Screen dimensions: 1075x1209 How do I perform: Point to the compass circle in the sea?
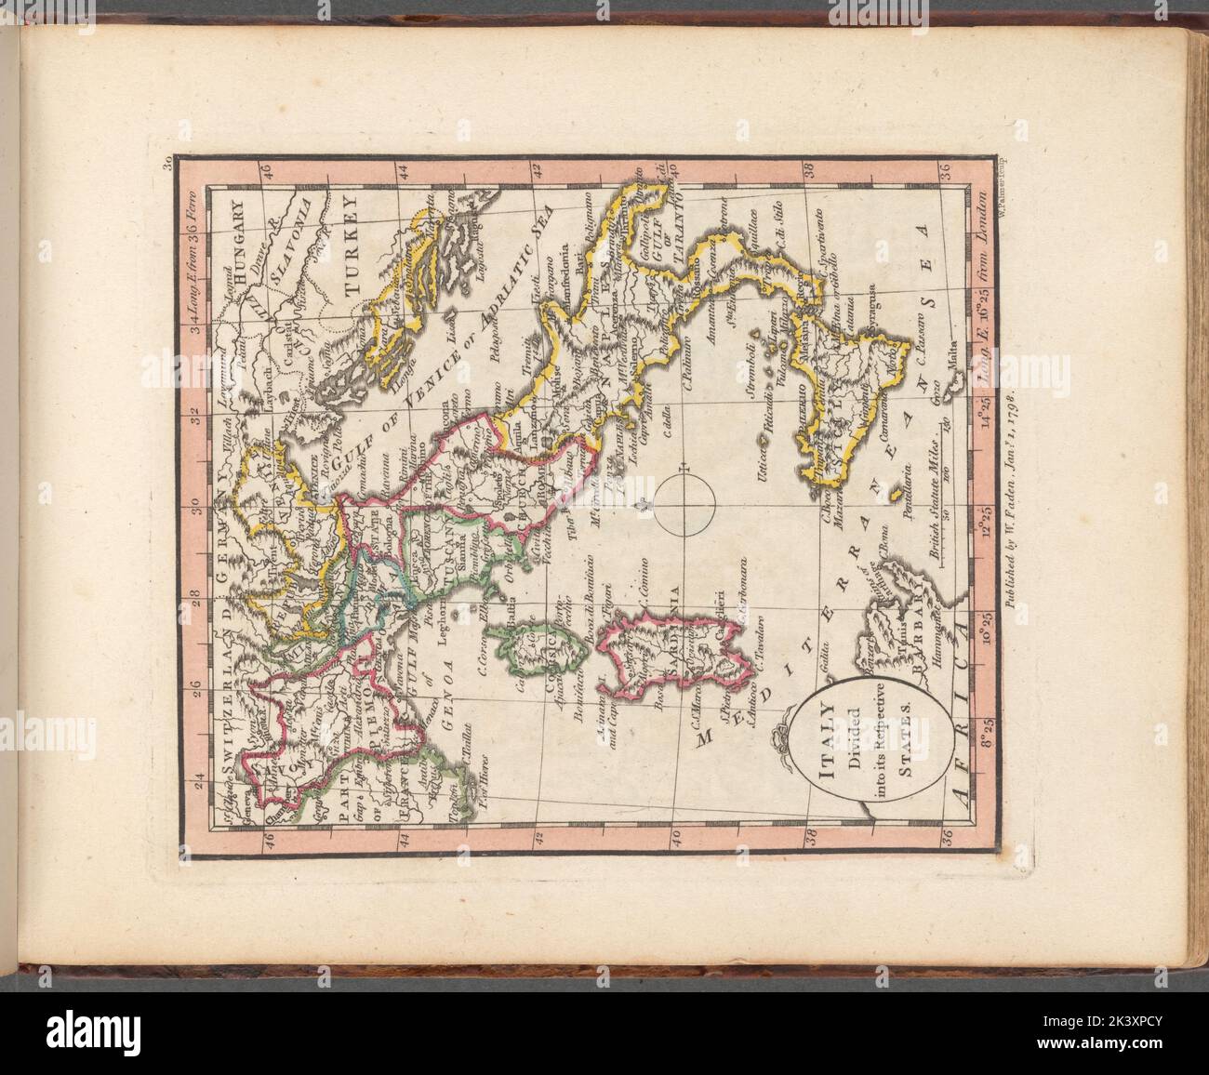[x=684, y=505]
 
